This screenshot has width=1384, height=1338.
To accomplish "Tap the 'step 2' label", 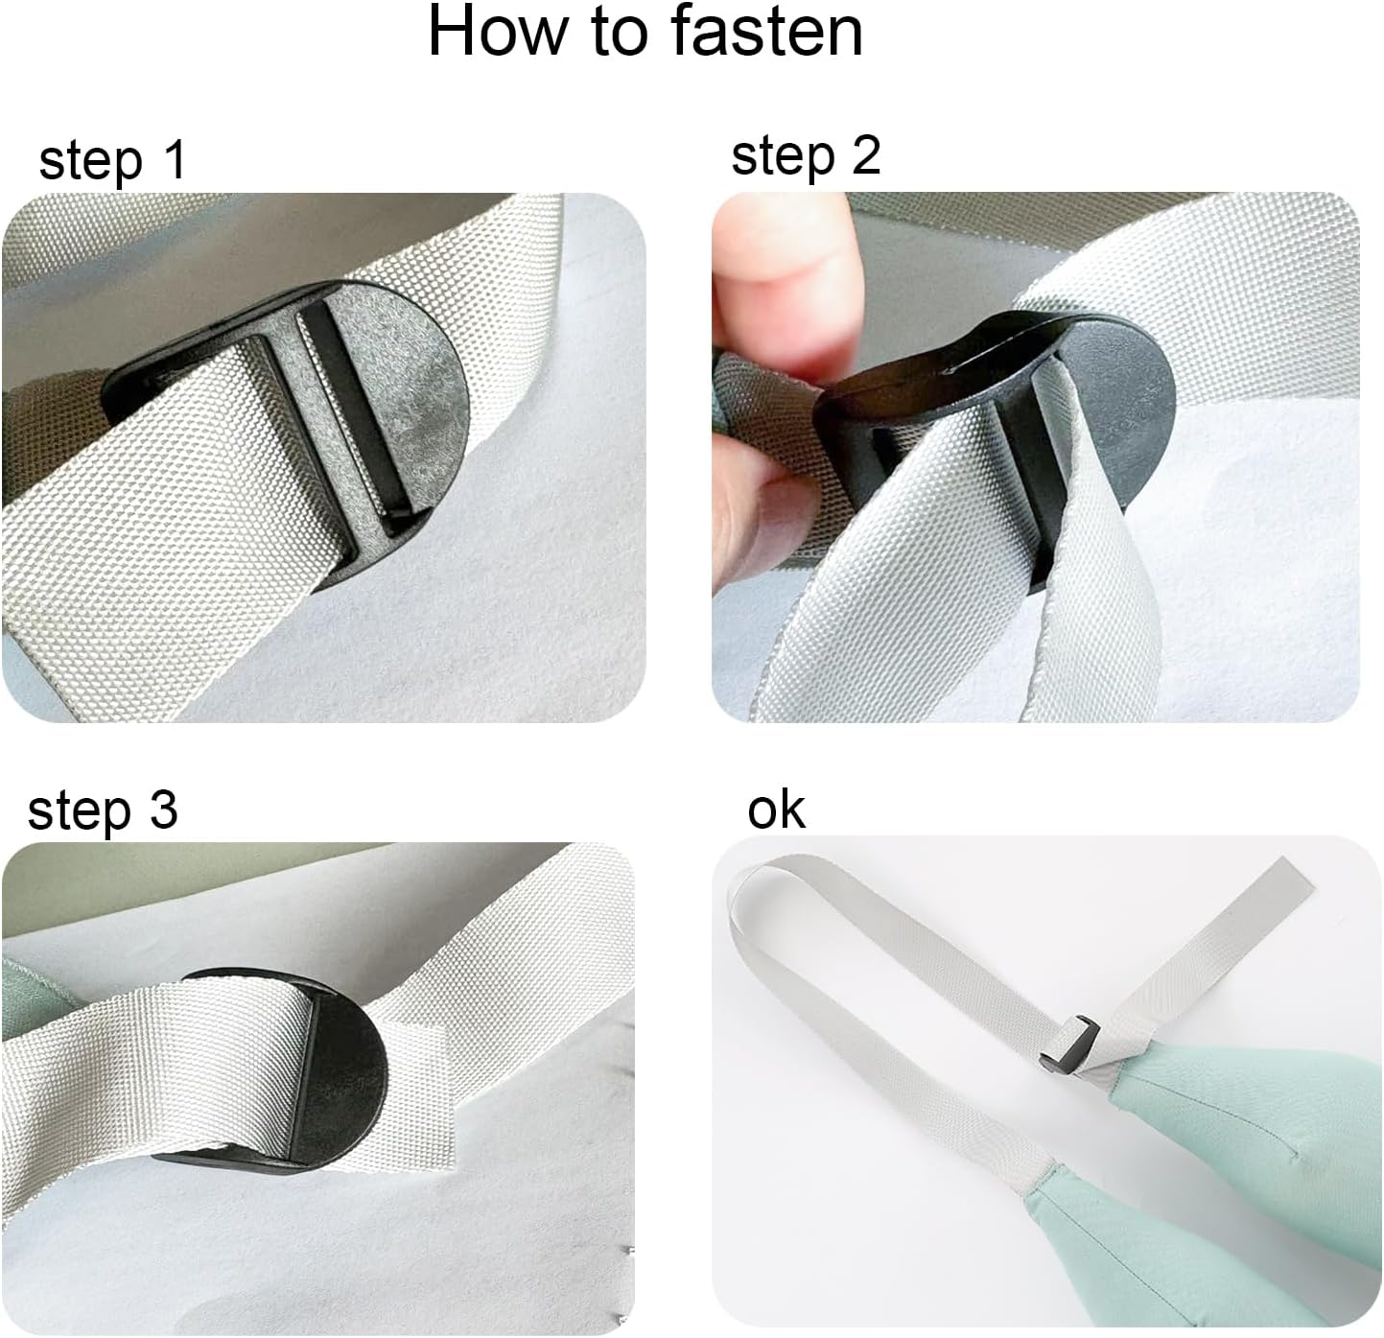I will (x=805, y=155).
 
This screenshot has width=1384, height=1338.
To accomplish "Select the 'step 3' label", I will (x=103, y=810).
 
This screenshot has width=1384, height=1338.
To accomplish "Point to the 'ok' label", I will (x=776, y=810).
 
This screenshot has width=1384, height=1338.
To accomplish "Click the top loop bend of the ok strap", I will (x=758, y=878).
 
